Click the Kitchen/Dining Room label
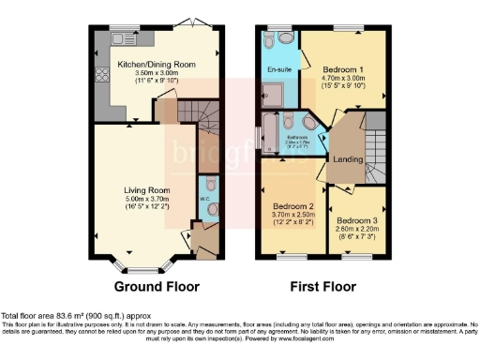157,64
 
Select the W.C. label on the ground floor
203,199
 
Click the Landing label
348,158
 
